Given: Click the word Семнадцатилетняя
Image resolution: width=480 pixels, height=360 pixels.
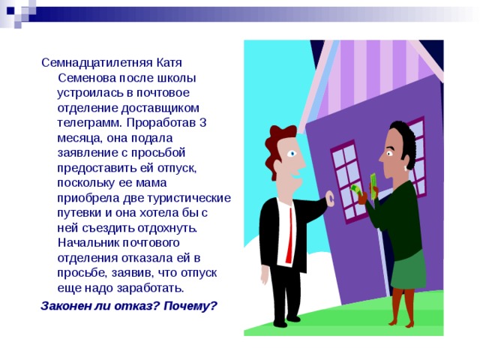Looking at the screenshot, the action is [97, 63].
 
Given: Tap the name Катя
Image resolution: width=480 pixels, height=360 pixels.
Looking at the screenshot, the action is [169, 63].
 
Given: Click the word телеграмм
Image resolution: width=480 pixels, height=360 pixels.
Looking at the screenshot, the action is [90, 123].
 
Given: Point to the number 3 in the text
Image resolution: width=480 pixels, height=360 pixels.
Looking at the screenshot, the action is [202, 123].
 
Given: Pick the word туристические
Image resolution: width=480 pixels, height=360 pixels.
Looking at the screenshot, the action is [189, 198].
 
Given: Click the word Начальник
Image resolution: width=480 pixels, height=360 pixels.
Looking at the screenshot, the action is [88, 243].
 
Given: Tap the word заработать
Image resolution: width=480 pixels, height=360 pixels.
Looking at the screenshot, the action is [150, 288].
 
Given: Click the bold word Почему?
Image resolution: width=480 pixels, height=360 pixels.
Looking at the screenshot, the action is [190, 306].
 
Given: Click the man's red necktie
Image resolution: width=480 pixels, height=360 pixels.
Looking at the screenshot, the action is [289, 235].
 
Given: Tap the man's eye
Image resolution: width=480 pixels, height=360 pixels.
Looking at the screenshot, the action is [292, 153].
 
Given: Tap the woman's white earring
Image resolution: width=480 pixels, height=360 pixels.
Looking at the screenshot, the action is [406, 168].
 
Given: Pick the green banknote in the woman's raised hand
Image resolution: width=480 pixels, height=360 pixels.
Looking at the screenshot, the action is [373, 186].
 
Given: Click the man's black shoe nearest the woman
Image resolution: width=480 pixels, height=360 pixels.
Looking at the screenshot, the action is [293, 319].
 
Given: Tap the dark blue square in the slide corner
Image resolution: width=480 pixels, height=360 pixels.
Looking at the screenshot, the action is [10, 11].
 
